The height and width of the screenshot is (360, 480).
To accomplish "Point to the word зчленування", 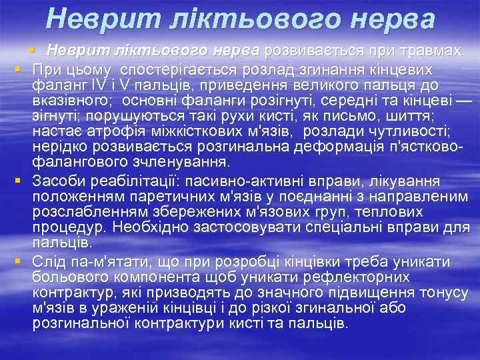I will [x=188, y=162].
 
